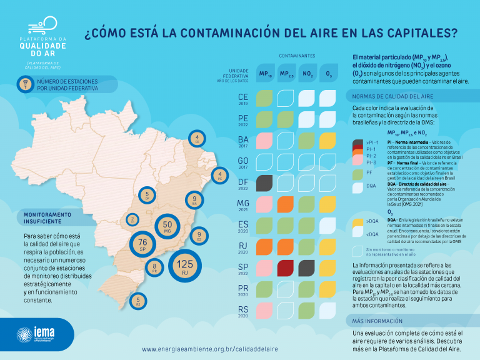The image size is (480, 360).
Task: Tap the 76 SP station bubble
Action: [142, 244]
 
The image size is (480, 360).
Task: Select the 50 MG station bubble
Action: [167, 226]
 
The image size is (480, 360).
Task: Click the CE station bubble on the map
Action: [197, 139]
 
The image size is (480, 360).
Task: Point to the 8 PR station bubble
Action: [154, 269]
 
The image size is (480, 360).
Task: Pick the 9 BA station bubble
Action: [194, 201]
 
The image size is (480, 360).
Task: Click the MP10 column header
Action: [265, 74]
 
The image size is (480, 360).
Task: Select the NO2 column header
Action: [307, 74]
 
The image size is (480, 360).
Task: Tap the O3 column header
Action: [329, 74]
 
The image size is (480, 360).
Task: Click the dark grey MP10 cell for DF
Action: [264, 182]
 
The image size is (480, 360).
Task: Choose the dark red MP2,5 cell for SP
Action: [286, 267]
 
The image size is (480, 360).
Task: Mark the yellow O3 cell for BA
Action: [328, 140]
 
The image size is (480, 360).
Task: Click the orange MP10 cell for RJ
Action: [264, 246]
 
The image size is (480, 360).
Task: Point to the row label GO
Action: [243, 160]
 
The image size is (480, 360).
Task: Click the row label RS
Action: [243, 309]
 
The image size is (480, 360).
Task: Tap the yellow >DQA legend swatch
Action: [357, 222]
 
